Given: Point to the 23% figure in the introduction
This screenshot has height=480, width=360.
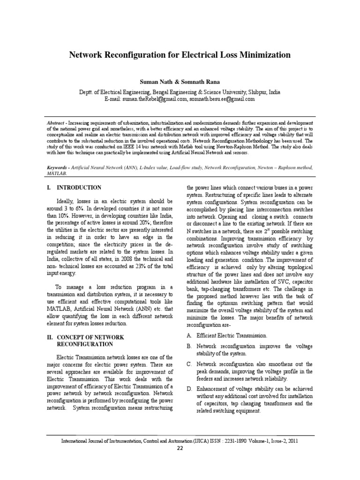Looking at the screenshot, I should click(139, 266).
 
